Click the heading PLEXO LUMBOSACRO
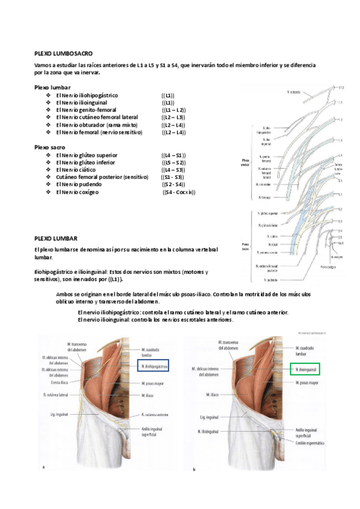tap(64, 53)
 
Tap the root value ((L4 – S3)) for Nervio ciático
tap(173, 170)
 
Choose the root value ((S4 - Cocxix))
tap(179, 192)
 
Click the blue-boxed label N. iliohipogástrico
tap(153, 365)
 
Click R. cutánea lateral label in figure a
tap(56, 396)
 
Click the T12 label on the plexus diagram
tap(340, 88)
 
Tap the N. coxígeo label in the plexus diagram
tap(338, 256)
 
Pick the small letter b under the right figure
tap(193, 469)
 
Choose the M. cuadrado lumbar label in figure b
tap(307, 351)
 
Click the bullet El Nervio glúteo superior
tap(87, 155)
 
